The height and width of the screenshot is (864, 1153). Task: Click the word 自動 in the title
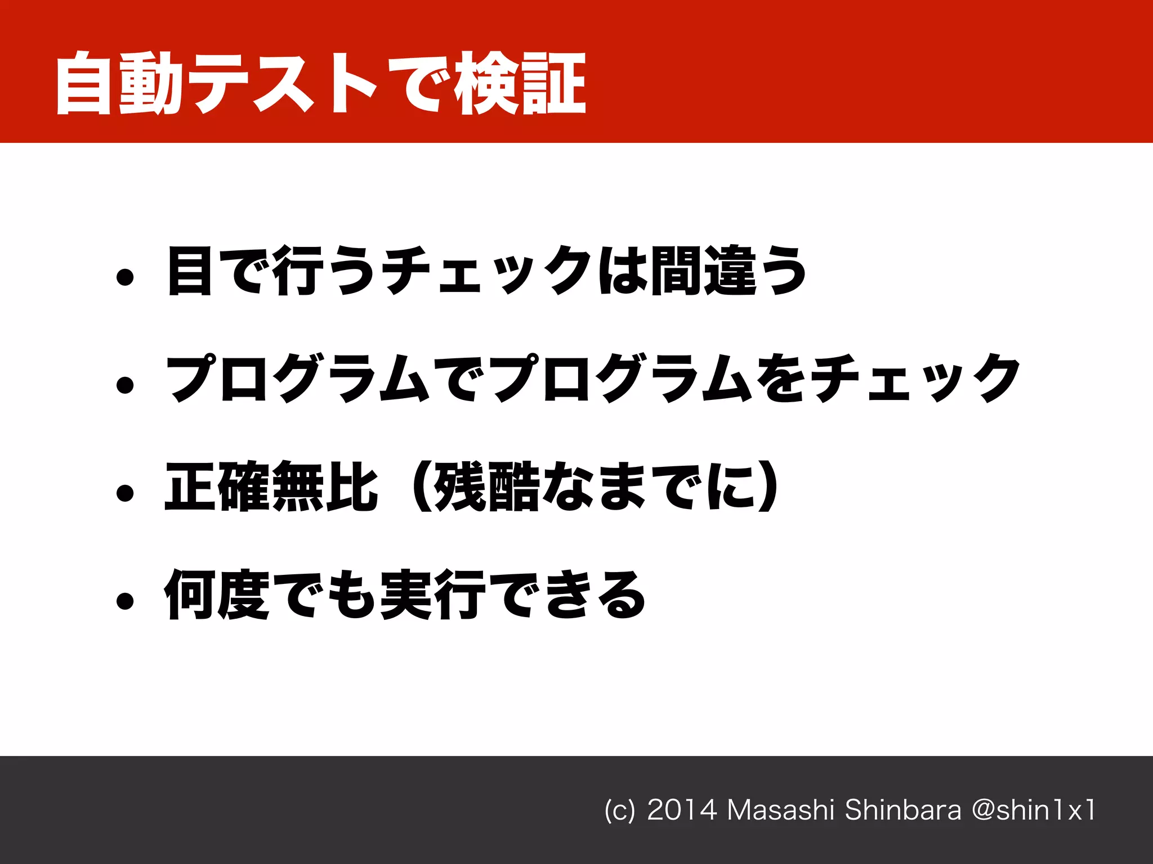tap(118, 83)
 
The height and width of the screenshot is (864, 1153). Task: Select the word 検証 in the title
tap(521, 83)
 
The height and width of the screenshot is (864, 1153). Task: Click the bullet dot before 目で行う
tap(125, 277)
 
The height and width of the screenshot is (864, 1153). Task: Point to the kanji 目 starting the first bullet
tap(189, 271)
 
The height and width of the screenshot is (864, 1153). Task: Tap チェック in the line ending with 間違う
tap(487, 271)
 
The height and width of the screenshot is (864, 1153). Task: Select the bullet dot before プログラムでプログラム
tap(125, 385)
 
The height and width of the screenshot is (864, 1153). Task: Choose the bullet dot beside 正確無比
tap(125, 493)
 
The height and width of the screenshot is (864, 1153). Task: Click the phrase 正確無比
tap(271, 487)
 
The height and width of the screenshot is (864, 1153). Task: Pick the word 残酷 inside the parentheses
tap(488, 487)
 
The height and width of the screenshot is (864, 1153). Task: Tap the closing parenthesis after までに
tap(768, 487)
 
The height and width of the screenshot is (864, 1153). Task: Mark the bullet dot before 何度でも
tap(125, 601)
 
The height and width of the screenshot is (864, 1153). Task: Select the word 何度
tap(216, 595)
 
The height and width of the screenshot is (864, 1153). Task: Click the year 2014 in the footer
tap(682, 810)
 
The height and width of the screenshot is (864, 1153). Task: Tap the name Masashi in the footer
tap(780, 810)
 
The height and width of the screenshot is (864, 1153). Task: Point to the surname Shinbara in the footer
tap(903, 810)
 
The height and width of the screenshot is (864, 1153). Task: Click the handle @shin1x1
tap(1034, 810)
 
